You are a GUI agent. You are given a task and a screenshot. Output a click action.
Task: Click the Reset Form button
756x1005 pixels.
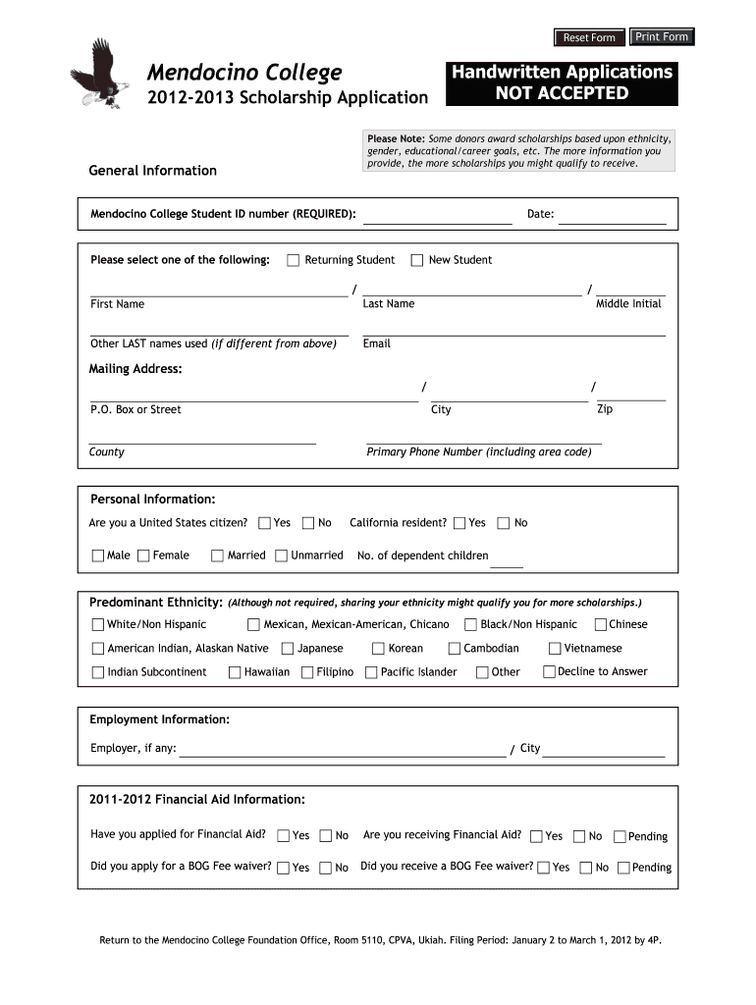(588, 37)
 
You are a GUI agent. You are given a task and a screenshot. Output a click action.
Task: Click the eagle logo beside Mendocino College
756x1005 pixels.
(99, 74)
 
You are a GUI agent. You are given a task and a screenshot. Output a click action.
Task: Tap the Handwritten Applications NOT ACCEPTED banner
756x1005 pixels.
(562, 83)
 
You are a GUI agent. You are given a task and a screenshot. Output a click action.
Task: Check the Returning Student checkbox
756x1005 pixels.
(294, 260)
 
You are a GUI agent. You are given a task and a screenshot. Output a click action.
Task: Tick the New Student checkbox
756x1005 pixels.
(417, 260)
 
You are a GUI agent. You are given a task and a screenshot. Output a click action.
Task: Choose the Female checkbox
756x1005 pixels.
(144, 555)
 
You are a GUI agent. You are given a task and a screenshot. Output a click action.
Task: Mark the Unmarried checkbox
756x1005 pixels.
(282, 555)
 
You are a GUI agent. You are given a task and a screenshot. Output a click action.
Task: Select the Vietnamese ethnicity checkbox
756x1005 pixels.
(555, 648)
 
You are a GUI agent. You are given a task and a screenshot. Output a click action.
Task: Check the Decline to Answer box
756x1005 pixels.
(550, 672)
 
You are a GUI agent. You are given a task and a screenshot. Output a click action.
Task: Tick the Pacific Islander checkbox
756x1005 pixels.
(371, 672)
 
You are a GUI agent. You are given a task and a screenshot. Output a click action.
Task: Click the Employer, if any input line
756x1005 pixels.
(342, 750)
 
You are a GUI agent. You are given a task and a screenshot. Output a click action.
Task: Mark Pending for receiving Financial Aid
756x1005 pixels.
(620, 836)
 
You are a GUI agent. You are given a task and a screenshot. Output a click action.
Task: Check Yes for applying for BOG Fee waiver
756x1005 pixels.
(283, 868)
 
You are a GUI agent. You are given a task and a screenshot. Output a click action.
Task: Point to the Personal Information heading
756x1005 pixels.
(152, 500)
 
